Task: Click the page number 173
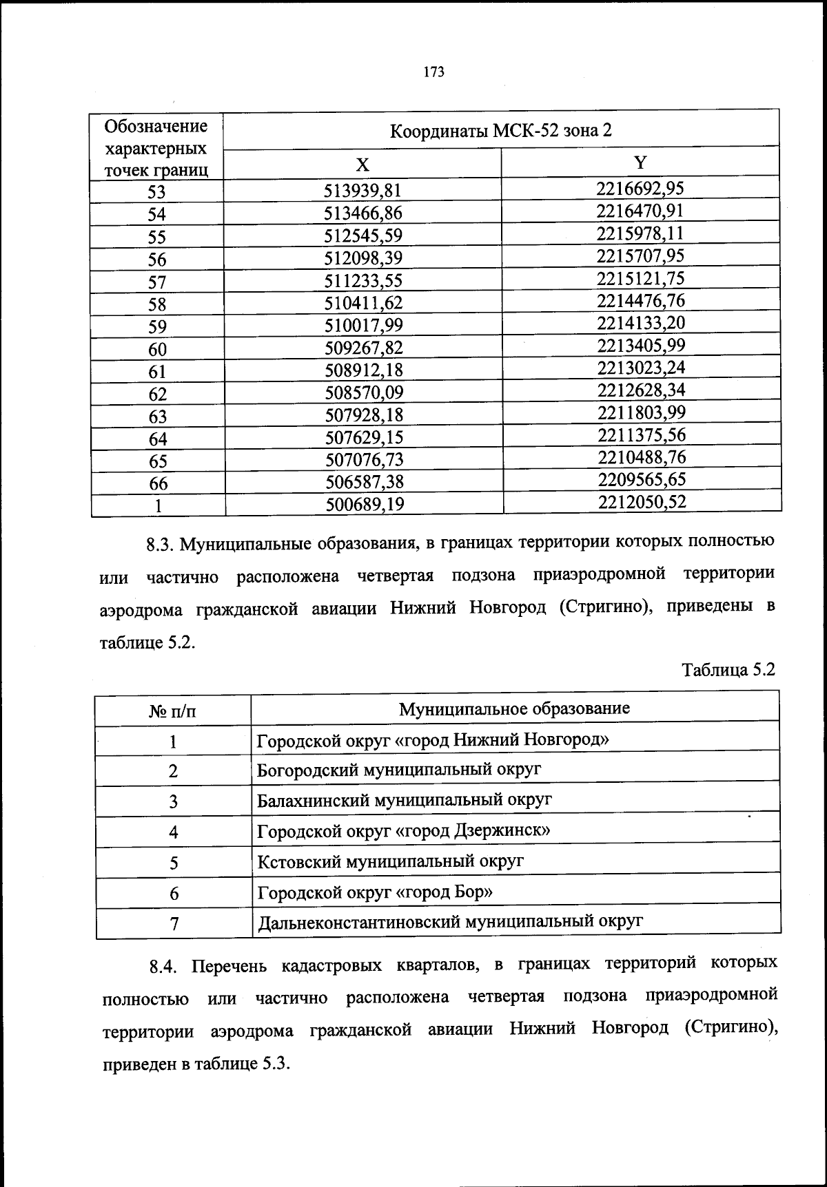coord(434,72)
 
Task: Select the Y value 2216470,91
coord(640,211)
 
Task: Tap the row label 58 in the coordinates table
coord(157,304)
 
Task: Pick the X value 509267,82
coord(364,348)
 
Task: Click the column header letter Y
coord(641,163)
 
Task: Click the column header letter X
coord(363,165)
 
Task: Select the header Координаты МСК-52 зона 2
coord(501,130)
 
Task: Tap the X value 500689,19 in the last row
coord(364,505)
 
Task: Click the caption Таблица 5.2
coord(728,669)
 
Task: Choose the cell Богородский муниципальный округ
coord(399,769)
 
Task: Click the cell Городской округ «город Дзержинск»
coord(403,831)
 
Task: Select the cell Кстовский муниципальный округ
coord(390,861)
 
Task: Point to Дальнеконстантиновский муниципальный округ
coord(450,922)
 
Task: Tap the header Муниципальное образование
coord(514,708)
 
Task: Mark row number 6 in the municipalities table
coord(174,894)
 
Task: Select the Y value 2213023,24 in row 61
coord(641,368)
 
